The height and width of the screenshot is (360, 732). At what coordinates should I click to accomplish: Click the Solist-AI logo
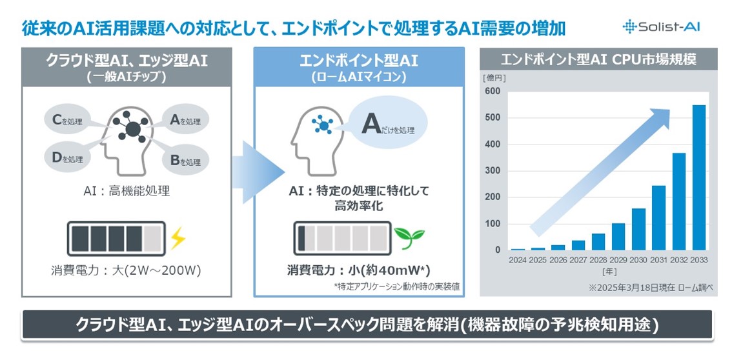(x=661, y=26)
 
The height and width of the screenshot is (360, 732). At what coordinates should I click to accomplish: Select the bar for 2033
(x=699, y=177)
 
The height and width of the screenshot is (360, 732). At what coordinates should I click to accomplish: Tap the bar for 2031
(x=658, y=218)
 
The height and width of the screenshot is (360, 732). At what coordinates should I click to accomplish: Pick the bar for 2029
(x=618, y=236)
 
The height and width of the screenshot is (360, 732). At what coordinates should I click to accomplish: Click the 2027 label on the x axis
(x=578, y=260)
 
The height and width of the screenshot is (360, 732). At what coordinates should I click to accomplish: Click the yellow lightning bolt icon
(x=178, y=238)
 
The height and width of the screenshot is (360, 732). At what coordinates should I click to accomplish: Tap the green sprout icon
(x=409, y=236)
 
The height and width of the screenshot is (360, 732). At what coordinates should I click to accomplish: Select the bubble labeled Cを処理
(x=67, y=121)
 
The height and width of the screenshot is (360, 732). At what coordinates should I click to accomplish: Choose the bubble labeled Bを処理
(x=185, y=161)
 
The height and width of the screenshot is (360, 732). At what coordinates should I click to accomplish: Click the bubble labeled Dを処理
(x=67, y=158)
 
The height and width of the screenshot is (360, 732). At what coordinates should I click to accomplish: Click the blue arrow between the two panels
(x=257, y=172)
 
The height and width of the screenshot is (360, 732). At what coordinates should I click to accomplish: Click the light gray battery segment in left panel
(x=152, y=239)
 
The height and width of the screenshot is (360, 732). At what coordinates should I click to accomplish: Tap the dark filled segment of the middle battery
(x=301, y=239)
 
